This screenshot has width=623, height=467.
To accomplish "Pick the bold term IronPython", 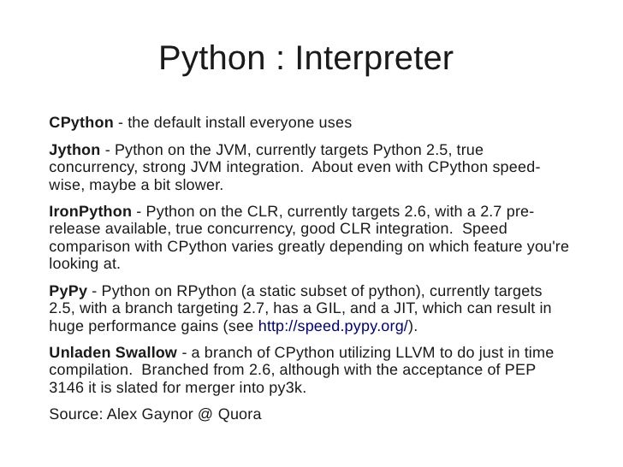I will (x=91, y=211).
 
